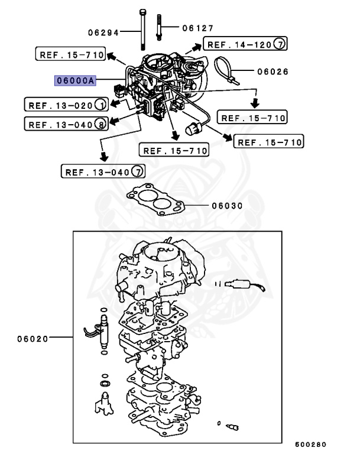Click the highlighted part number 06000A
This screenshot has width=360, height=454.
75,80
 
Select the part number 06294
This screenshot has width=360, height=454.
103,33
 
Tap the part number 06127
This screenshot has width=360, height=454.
198,28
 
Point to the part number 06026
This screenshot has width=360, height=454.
273,72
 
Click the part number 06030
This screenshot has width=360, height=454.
227,206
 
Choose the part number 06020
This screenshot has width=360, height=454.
33,339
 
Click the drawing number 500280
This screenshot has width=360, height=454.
310,445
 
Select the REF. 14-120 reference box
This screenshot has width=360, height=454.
245,44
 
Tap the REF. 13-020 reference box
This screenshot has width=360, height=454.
66,104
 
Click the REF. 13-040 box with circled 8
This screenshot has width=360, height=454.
66,124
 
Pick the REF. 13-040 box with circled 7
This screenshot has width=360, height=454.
103,171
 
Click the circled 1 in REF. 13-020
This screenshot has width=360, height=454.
101,105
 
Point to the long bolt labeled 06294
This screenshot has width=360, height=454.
142,30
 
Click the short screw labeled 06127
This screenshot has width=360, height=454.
158,27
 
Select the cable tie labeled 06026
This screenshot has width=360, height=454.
226,70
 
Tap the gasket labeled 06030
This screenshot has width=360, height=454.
155,200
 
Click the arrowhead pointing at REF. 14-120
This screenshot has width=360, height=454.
197,46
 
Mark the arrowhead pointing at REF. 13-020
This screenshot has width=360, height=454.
115,103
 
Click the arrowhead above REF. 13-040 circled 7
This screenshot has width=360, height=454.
103,157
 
